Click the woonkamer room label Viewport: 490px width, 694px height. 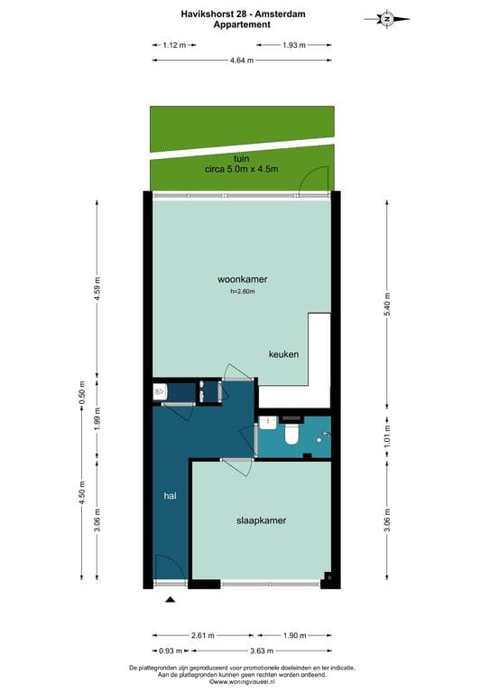pos(242,279)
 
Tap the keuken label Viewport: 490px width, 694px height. pos(283,354)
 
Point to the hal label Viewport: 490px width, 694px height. pos(169,496)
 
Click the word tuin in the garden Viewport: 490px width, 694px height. pos(241,158)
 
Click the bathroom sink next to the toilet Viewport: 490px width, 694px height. pos(268,422)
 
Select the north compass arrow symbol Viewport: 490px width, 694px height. pos(386,18)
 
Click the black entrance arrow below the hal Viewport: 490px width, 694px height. pos(170,597)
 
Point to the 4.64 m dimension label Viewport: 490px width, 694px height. pos(241,61)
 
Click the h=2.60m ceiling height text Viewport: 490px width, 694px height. pos(242,292)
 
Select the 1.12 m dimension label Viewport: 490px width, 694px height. pos(174,44)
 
